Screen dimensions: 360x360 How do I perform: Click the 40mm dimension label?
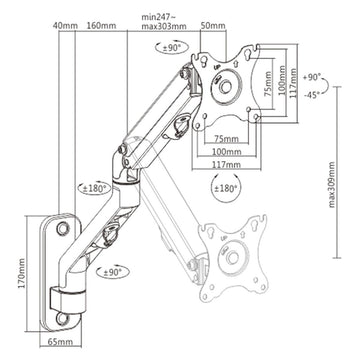click(x=65, y=25)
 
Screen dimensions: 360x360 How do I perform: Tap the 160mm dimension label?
click(x=101, y=25)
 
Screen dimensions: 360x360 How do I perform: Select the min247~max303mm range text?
click(x=164, y=22)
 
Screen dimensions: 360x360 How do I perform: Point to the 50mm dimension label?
click(x=213, y=25)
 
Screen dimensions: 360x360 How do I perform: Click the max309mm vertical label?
click(x=331, y=185)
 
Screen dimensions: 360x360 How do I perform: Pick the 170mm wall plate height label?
click(x=21, y=273)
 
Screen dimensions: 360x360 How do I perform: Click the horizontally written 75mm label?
click(x=226, y=139)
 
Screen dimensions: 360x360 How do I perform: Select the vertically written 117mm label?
click(x=293, y=83)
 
